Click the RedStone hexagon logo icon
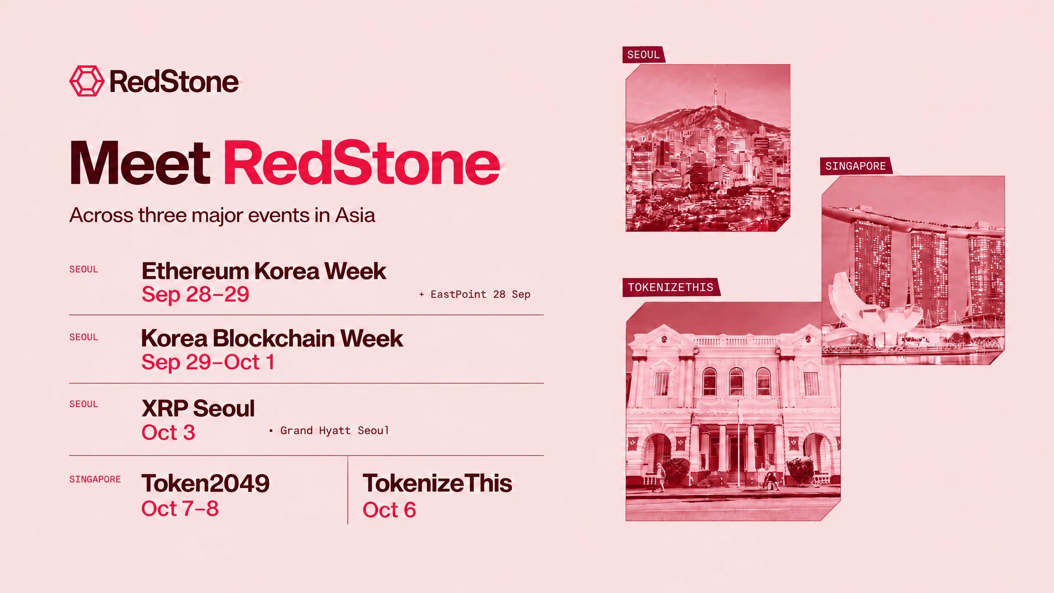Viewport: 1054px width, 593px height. [87, 81]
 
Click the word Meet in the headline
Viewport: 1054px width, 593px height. [140, 163]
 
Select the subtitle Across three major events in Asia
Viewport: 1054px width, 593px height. [222, 216]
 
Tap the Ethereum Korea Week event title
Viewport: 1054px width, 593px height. [264, 271]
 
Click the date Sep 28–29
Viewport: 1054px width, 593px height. [195, 294]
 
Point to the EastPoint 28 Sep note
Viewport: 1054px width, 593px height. [475, 294]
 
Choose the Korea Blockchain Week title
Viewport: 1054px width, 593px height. [272, 339]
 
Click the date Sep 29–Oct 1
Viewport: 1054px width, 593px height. [208, 362]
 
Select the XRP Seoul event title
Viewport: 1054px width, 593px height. [198, 409]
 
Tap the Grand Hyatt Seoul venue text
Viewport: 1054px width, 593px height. [329, 430]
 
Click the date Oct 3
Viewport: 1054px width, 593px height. [168, 433]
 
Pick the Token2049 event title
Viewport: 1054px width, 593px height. [205, 483]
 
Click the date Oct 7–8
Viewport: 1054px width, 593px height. [180, 509]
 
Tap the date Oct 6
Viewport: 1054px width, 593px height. [389, 510]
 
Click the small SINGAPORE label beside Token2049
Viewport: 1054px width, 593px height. [95, 479]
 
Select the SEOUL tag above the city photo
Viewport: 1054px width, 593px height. [643, 55]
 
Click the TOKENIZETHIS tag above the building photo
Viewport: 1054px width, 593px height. [671, 287]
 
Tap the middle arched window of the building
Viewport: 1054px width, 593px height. [736, 381]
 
